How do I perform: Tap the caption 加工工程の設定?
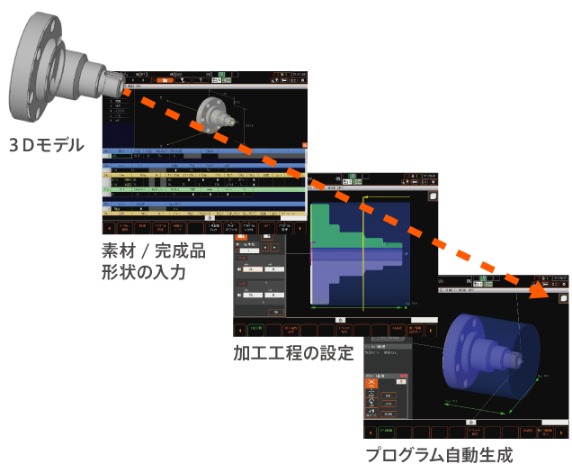293,352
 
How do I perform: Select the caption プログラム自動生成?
438,453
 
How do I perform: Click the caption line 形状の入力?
144,271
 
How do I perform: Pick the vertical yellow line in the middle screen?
362,252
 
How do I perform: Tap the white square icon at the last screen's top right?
563,297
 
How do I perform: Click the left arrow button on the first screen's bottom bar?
109,227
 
